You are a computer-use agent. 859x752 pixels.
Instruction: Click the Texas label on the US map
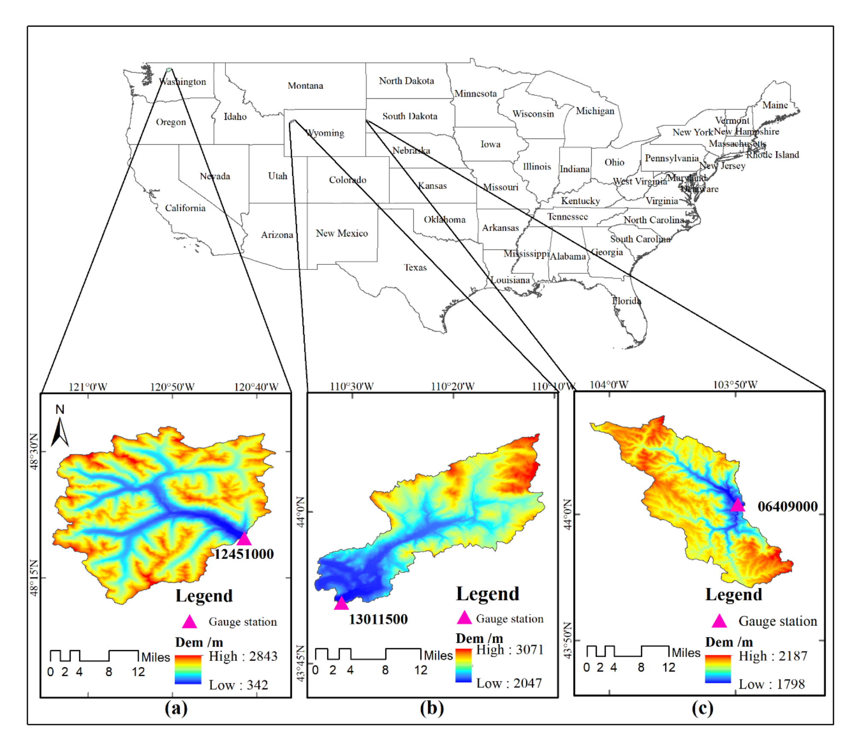tap(415, 267)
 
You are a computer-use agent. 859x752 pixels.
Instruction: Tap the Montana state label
tap(305, 86)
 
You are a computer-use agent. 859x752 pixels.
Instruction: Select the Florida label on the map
tap(626, 301)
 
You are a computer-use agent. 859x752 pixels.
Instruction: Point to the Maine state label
tap(775, 105)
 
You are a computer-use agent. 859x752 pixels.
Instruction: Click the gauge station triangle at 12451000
tap(243, 539)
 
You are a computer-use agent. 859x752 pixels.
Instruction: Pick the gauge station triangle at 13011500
tap(341, 603)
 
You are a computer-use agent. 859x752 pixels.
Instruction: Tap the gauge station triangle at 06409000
tap(737, 505)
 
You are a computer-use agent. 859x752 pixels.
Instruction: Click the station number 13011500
tap(378, 619)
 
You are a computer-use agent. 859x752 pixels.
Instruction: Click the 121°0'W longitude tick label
tap(88, 387)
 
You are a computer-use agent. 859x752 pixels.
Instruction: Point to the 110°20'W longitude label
tap(453, 386)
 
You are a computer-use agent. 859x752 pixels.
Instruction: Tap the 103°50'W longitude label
tap(735, 385)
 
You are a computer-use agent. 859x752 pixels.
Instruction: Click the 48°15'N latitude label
tap(34, 577)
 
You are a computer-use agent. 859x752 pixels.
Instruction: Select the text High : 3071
tap(509, 650)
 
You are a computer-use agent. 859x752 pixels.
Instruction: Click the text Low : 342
tap(238, 685)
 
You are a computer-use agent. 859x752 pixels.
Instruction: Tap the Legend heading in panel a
tap(204, 595)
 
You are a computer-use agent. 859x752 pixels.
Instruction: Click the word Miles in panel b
tap(438, 655)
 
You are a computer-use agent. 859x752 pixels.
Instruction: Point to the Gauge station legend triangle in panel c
tap(719, 621)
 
